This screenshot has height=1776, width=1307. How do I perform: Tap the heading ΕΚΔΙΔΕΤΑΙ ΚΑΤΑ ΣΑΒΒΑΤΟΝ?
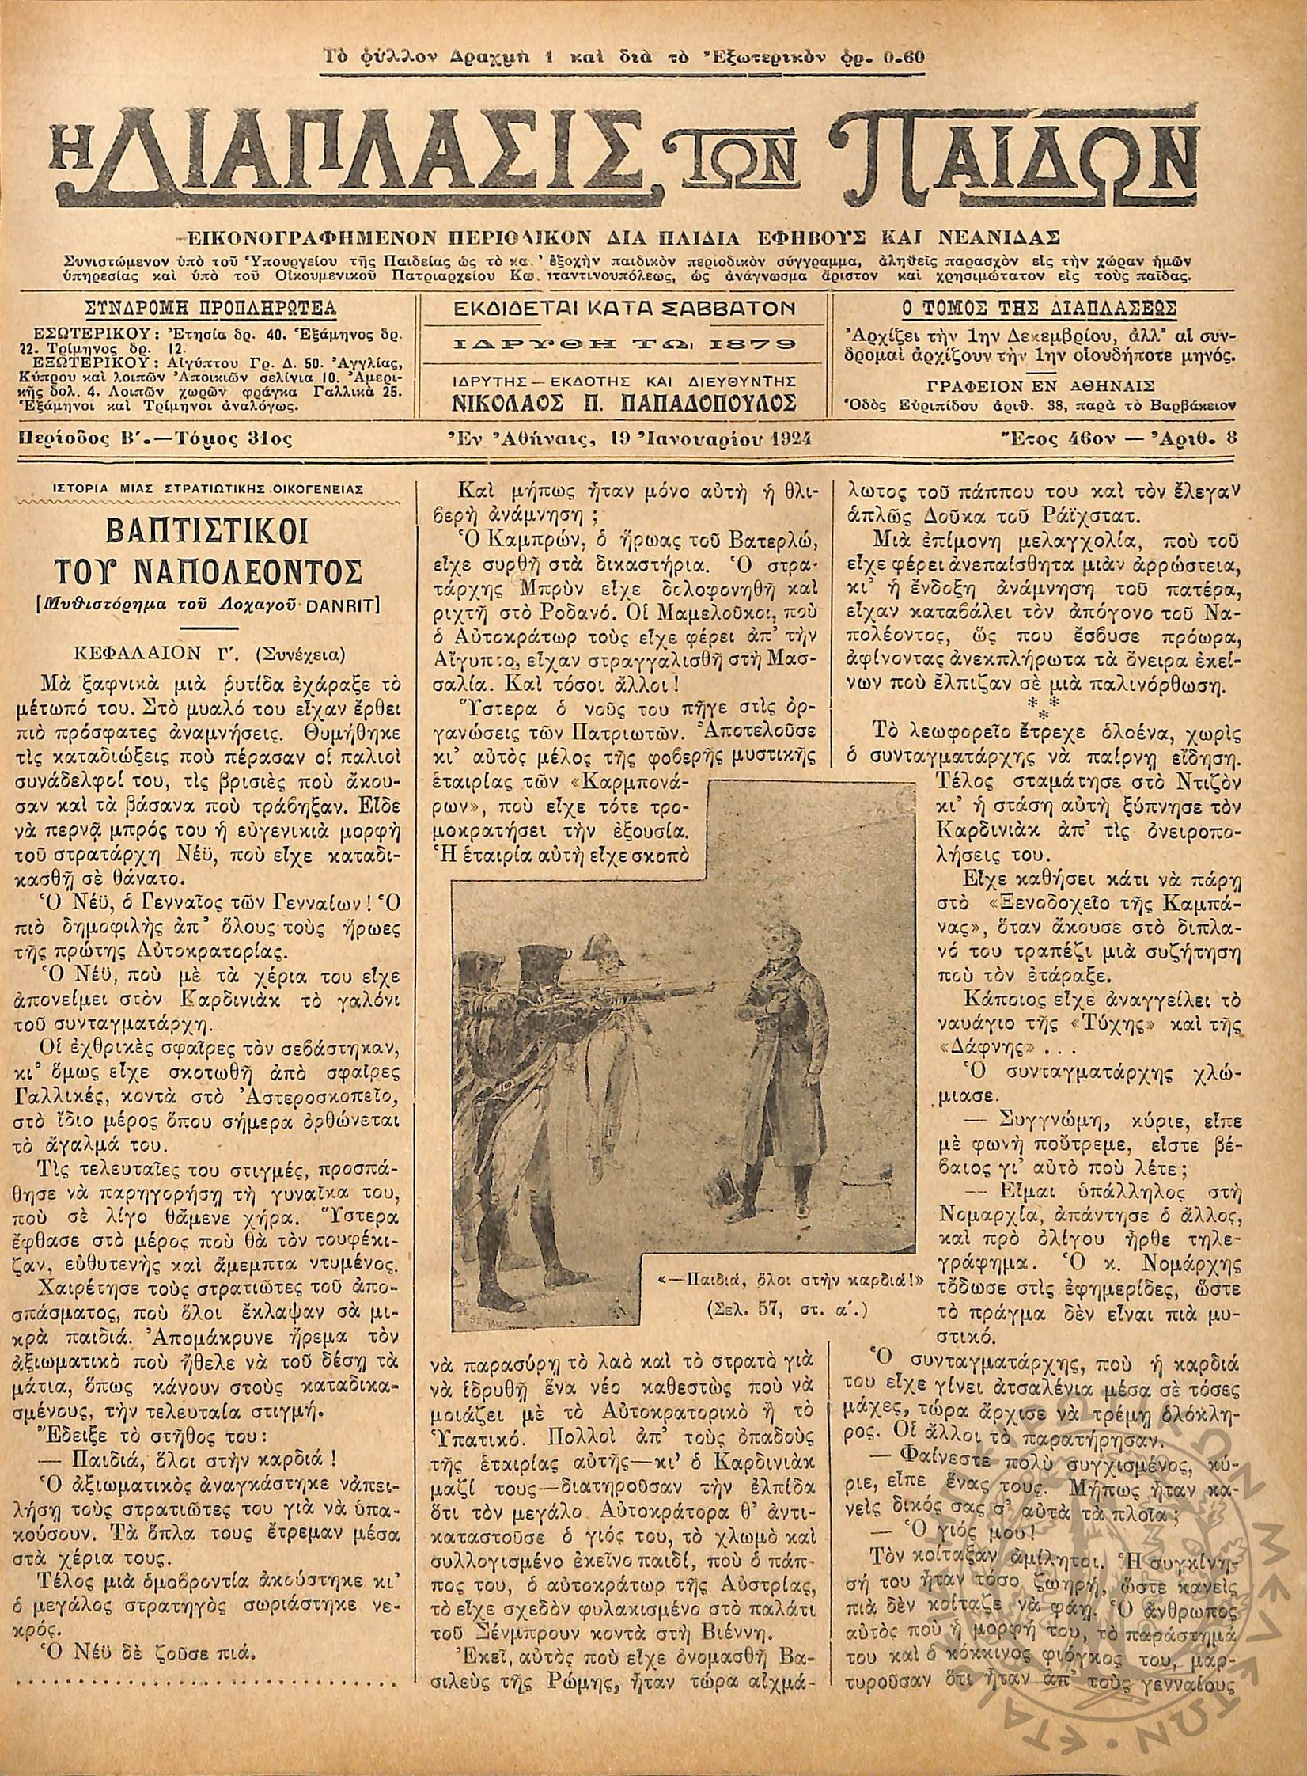click(x=623, y=309)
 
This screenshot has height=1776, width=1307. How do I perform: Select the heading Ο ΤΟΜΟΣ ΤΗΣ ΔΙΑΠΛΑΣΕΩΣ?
click(x=1039, y=308)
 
